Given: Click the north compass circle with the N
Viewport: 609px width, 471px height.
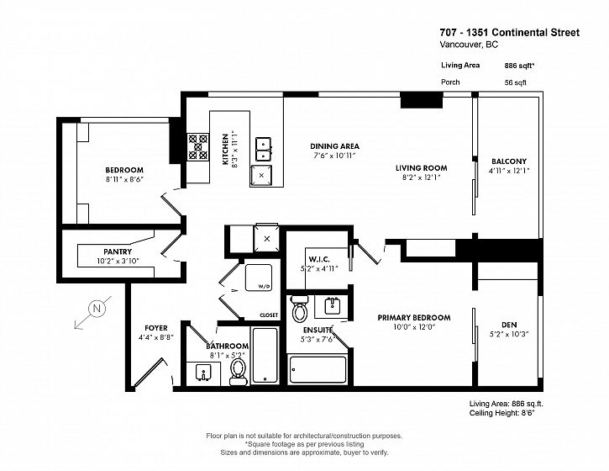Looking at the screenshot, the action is (x=97, y=309).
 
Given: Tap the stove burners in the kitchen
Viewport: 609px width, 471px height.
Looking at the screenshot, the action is (x=198, y=147).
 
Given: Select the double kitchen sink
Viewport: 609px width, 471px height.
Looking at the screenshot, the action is (x=263, y=150).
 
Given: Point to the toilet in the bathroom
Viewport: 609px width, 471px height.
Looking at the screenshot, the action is (x=238, y=372).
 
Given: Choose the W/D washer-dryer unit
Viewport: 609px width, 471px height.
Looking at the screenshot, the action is (x=258, y=278).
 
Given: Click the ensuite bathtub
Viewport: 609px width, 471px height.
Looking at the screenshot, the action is (x=318, y=369).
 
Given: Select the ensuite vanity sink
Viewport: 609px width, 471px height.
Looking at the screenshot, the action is (x=332, y=305).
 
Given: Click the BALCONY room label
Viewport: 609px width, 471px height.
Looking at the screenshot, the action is (x=509, y=161).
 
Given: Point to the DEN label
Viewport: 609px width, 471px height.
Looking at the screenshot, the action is (x=509, y=325).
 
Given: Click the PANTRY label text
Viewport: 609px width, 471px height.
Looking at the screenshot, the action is (x=118, y=251).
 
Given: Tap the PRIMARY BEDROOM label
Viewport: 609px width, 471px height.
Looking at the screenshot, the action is (x=414, y=318).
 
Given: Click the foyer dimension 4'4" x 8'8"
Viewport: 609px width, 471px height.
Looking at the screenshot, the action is (x=156, y=337).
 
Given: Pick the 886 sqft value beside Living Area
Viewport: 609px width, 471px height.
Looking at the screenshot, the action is (x=519, y=66).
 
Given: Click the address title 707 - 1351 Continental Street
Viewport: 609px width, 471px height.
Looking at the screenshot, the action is (x=510, y=33).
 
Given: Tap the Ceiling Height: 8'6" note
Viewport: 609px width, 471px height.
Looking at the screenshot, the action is (x=501, y=413).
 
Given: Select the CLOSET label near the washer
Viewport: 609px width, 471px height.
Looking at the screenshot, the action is (x=269, y=315).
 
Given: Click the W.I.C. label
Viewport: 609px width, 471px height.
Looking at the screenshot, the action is (x=319, y=259).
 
